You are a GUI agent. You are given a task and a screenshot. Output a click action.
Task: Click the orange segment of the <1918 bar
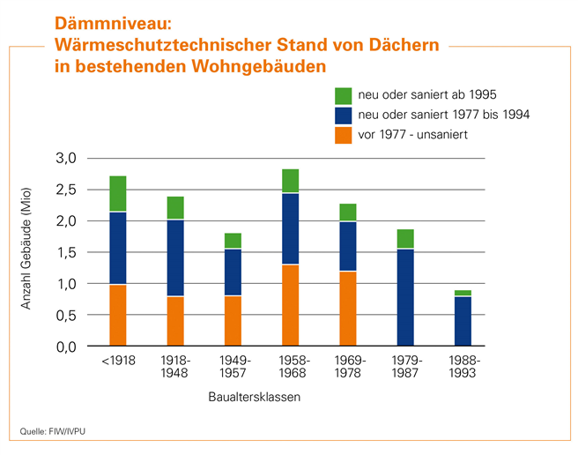118,315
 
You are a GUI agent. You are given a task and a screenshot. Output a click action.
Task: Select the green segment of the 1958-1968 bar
290,181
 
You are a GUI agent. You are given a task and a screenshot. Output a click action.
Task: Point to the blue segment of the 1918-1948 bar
175,257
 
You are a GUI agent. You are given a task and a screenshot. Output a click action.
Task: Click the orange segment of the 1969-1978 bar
347,309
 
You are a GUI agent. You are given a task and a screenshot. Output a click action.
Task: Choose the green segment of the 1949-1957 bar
233,241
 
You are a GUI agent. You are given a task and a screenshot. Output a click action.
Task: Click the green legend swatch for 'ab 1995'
344,94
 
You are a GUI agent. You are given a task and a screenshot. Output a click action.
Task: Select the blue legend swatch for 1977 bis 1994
344,115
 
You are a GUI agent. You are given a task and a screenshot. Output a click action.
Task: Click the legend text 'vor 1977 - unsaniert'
411,135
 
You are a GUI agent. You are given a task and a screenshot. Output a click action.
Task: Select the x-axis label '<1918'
118,362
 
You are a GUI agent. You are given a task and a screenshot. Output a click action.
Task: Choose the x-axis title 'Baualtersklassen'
254,397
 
